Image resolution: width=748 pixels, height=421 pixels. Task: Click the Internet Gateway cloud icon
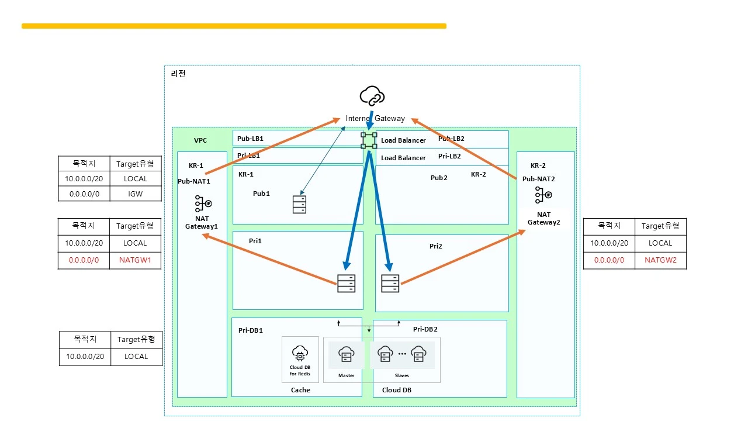coord(372,95)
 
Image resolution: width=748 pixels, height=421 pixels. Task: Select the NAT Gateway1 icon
coord(203,204)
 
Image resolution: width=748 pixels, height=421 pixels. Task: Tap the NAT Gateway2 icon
coord(543,195)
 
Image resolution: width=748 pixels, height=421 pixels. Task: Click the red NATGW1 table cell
coord(135,260)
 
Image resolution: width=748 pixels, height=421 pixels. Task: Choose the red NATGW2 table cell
coord(660,260)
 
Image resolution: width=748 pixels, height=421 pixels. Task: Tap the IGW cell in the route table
coord(135,194)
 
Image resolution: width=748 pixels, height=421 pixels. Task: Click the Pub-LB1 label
coord(250,139)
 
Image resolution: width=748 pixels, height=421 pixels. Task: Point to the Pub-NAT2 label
coord(538,179)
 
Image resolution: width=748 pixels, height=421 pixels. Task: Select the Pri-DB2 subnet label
coord(425,329)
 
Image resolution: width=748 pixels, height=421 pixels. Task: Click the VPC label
coord(200,140)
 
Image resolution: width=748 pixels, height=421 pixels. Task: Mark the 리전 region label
coord(178,74)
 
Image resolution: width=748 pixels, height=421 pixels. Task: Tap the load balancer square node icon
coord(369,140)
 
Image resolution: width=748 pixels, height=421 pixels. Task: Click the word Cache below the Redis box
coord(300,389)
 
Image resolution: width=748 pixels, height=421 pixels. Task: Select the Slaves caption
coord(402,375)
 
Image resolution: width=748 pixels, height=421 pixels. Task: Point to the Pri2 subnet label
coord(435,246)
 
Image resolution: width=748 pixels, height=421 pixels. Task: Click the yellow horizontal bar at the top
coord(234,26)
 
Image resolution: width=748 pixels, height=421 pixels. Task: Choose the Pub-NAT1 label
coord(194,181)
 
